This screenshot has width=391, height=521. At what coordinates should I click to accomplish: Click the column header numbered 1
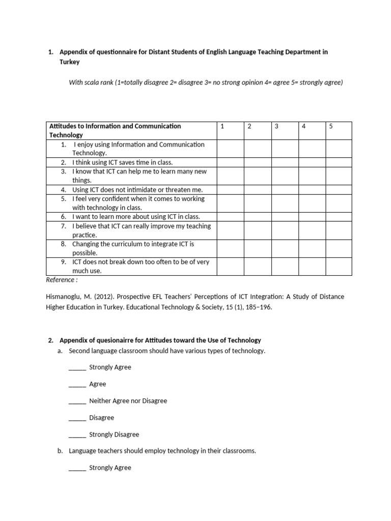(x=222, y=127)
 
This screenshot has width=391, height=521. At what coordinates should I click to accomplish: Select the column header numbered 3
(x=276, y=127)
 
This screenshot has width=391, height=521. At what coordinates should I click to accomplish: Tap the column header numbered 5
(x=330, y=127)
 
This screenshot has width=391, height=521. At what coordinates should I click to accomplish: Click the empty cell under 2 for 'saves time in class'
(x=257, y=162)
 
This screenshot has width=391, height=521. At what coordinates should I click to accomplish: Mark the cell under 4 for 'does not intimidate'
(x=312, y=190)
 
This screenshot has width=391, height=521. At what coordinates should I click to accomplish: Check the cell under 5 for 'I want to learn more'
(x=339, y=217)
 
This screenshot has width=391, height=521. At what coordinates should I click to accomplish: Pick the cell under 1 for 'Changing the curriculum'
(x=230, y=248)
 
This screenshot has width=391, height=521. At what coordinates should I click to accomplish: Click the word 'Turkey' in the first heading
(x=70, y=62)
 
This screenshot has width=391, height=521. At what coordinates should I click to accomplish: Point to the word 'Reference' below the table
(x=61, y=280)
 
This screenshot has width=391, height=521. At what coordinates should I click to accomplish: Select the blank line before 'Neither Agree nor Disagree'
(x=77, y=401)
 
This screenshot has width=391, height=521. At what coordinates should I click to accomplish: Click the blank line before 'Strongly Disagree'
(x=77, y=435)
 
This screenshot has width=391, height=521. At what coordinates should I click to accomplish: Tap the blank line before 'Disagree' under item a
(x=77, y=418)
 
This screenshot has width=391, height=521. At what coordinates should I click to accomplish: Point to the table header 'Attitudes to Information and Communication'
(x=115, y=126)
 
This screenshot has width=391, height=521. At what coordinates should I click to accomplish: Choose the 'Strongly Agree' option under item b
(x=110, y=468)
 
